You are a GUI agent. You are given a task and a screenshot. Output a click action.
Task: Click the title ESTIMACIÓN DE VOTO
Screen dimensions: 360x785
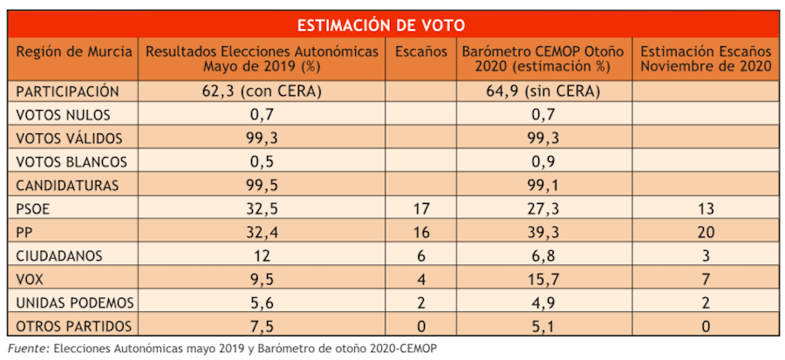(x=392, y=24)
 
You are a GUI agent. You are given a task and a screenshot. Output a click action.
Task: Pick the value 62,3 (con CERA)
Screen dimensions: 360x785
(x=262, y=92)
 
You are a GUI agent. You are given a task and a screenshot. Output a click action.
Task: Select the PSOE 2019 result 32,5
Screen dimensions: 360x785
(x=262, y=209)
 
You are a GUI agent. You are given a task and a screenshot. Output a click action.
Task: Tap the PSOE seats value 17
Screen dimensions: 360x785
(x=421, y=209)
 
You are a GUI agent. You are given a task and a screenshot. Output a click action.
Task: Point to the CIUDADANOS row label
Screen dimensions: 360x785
(x=65, y=256)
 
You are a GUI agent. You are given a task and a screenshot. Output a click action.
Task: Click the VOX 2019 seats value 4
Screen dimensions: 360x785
(x=421, y=280)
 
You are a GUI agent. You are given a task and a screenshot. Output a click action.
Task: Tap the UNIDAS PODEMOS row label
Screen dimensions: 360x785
(x=75, y=303)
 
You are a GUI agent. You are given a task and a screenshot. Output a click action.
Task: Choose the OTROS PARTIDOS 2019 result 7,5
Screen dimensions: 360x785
(x=262, y=327)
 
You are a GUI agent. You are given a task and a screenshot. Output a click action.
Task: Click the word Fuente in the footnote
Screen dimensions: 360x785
(x=27, y=348)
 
